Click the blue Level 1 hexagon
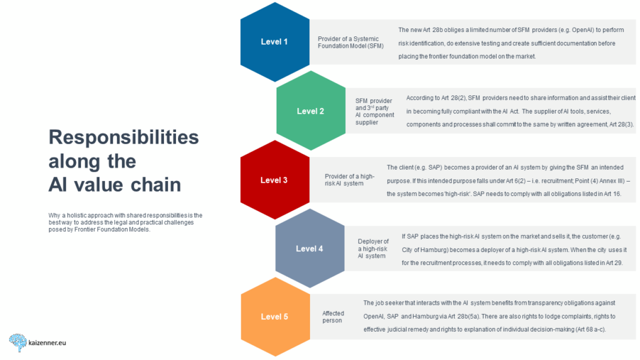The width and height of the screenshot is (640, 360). tap(274, 42)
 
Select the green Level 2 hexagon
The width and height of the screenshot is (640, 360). tap(311, 111)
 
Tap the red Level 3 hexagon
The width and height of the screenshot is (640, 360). tap(274, 180)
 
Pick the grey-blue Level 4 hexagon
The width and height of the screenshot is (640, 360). tap(309, 249)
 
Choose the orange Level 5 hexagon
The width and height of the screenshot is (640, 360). tap(274, 317)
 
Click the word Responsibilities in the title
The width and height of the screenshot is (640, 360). tap(123, 138)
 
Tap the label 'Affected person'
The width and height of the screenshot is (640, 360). tap(333, 317)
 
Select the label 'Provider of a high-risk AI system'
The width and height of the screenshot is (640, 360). tap(349, 180)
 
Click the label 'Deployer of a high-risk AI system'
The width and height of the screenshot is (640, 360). tap(373, 249)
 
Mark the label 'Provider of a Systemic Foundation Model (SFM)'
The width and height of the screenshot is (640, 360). tap(349, 43)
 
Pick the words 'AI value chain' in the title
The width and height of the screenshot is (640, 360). tap(114, 185)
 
